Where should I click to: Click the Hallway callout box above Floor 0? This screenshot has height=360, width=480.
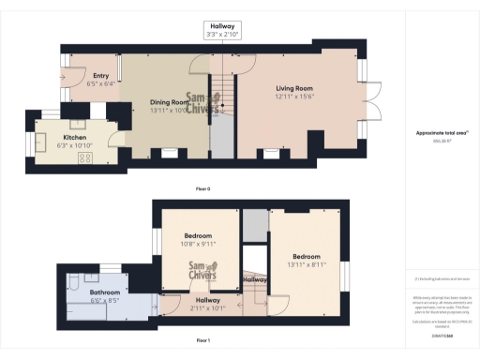221,29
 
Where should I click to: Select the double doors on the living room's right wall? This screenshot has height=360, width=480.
373,103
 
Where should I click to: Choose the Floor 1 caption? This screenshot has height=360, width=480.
203,339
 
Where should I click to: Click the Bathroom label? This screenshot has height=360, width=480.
105,292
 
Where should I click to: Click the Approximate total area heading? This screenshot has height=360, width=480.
442,132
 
